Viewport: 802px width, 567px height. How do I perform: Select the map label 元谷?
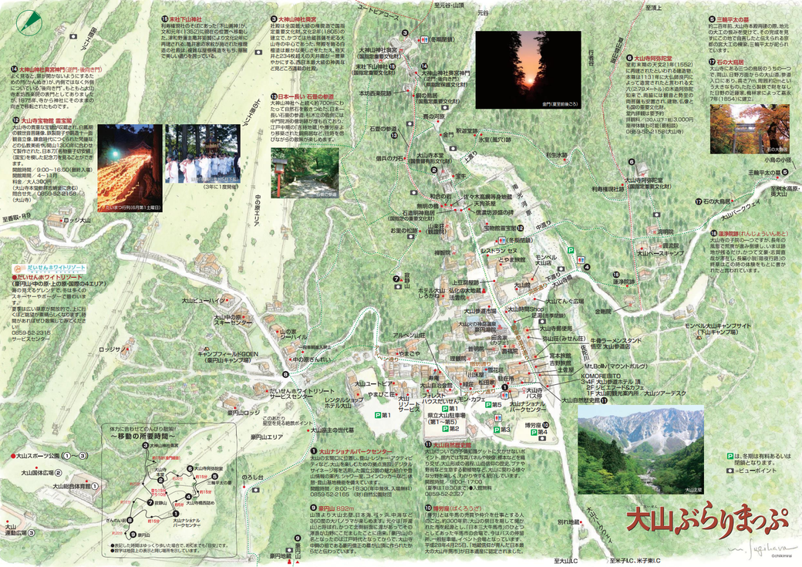click(483, 13)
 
